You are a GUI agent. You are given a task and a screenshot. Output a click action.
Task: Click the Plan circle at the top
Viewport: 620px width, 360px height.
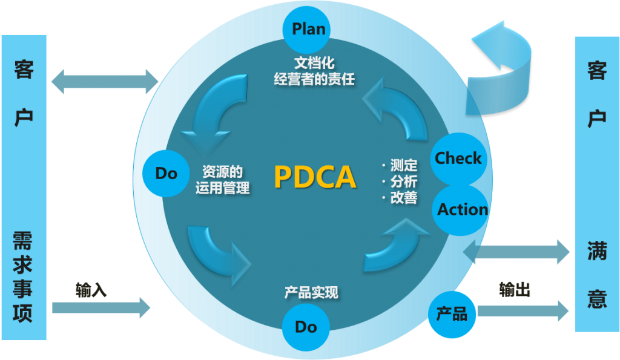[308, 28]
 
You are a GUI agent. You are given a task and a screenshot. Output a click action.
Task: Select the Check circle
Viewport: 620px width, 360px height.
[458, 159]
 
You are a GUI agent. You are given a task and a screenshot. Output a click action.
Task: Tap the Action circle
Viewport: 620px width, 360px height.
[462, 209]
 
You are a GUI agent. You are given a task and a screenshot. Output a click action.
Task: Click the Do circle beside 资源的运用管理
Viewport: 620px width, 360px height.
[166, 174]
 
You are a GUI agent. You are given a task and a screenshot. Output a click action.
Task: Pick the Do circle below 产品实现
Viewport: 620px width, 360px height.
[306, 327]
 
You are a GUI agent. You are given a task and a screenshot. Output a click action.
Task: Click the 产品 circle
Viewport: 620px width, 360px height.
[452, 313]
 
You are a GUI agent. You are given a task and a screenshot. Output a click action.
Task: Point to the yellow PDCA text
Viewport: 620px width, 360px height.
[314, 177]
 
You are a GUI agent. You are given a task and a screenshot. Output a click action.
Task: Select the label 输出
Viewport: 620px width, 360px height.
[515, 290]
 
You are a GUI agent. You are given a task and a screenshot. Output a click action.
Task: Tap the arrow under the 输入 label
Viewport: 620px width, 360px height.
[101, 307]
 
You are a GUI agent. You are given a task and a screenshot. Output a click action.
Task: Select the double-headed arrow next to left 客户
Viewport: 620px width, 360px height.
[105, 81]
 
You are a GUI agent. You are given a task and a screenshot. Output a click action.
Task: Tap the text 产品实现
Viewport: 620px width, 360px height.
[311, 293]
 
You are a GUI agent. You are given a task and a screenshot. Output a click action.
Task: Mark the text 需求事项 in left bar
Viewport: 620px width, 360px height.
[23, 277]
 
